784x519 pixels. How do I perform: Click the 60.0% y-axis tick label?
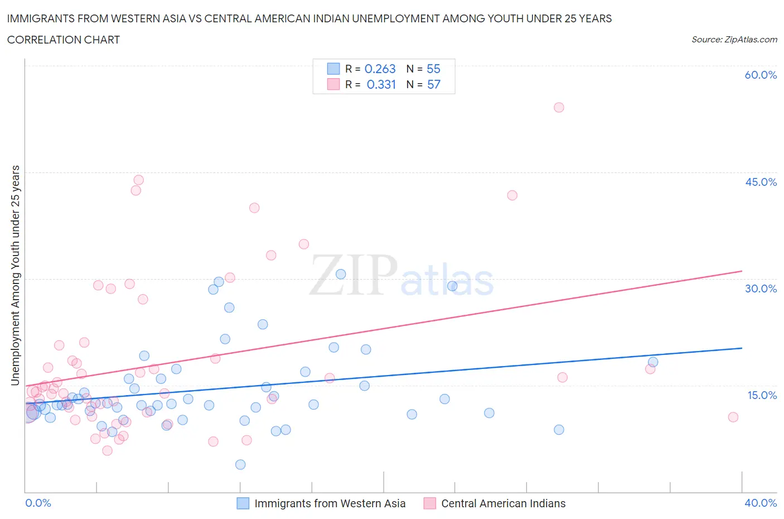(x=761, y=75)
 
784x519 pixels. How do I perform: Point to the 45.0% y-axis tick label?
(x=761, y=182)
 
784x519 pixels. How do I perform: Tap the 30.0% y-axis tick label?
(x=761, y=289)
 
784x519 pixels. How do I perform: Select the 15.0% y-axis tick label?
(x=762, y=395)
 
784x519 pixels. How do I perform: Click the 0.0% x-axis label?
(x=38, y=503)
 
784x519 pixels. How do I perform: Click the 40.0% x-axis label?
(x=761, y=503)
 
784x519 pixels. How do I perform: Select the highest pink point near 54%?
(x=559, y=107)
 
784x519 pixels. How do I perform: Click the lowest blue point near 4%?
(x=240, y=464)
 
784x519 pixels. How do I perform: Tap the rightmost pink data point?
(x=733, y=417)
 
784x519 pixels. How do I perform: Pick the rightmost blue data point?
(x=653, y=362)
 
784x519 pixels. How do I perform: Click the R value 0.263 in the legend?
(x=380, y=69)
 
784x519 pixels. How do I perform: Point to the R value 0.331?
(x=381, y=84)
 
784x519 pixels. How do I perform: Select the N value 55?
(x=433, y=69)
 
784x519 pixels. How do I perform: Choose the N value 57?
(x=433, y=84)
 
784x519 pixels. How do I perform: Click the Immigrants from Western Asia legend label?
(x=330, y=503)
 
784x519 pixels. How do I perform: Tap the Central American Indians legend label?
(x=503, y=503)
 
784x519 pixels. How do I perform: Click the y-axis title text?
(x=15, y=275)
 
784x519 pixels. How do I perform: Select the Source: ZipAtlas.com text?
(x=734, y=40)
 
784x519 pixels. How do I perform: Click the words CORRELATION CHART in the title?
(x=64, y=40)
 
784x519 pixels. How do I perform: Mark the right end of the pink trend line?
(x=742, y=271)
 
